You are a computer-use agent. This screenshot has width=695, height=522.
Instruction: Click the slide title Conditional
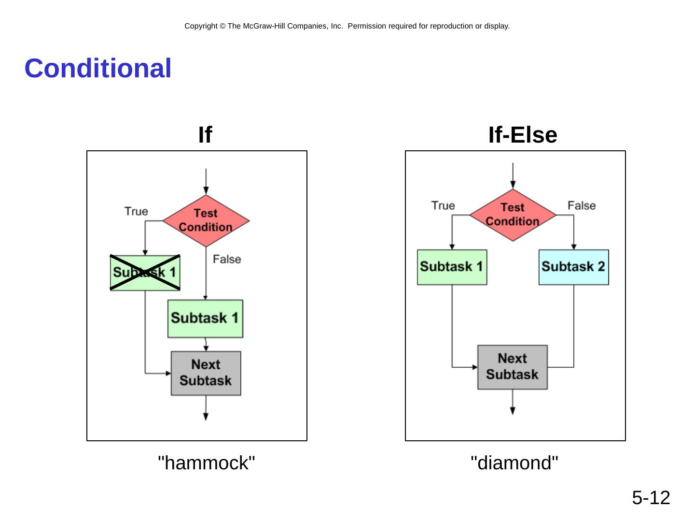click(98, 68)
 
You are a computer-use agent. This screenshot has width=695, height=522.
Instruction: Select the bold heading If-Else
click(523, 135)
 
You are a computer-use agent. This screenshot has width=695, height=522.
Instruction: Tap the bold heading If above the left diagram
click(205, 135)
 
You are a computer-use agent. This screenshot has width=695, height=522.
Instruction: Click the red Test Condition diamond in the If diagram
click(206, 220)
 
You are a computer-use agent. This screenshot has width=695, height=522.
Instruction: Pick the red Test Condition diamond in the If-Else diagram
click(513, 215)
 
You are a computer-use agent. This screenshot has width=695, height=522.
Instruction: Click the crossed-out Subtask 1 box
click(145, 273)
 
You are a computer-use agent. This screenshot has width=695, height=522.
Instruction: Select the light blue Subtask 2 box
click(573, 267)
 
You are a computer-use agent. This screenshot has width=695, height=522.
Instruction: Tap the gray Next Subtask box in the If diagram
click(206, 373)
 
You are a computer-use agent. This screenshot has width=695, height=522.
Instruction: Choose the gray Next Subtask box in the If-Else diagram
click(513, 367)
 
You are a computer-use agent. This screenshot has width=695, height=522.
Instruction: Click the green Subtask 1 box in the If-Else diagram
click(452, 267)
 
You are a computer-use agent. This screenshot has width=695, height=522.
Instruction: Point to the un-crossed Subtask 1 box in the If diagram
click(205, 319)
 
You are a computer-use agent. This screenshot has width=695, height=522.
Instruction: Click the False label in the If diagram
click(227, 260)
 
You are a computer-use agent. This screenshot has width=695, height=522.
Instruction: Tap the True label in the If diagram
click(136, 211)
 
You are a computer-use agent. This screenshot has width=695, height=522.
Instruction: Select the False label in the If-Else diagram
click(582, 205)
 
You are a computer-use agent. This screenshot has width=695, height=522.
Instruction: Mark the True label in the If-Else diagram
click(443, 205)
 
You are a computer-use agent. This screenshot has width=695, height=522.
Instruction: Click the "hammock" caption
click(207, 463)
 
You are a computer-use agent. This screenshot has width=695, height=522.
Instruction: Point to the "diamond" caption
click(514, 463)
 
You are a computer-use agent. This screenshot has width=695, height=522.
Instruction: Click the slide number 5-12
click(651, 498)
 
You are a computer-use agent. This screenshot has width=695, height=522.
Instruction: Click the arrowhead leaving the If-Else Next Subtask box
click(513, 411)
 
